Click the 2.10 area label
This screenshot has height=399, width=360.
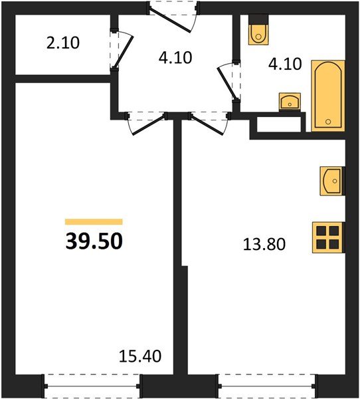point(64,45)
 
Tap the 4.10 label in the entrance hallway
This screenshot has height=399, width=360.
point(175,57)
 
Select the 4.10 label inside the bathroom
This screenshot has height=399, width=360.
point(284,65)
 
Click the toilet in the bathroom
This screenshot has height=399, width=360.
point(257,31)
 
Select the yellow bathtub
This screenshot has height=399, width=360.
point(328,96)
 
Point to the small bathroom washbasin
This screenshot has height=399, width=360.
point(290,102)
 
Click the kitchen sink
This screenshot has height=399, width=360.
point(333,180)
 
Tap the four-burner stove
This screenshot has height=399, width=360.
point(328,237)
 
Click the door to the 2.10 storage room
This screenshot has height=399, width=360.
point(116,50)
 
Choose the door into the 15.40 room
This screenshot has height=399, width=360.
point(145,122)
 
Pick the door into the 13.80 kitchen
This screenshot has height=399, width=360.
point(207,122)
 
